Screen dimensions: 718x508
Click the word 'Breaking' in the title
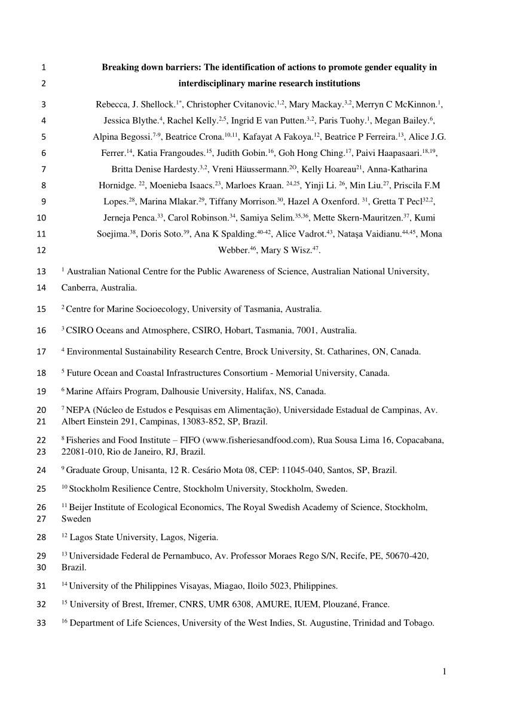pos(119,67)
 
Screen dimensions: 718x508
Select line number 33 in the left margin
pos(41,624)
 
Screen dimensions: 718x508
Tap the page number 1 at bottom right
pos(445,671)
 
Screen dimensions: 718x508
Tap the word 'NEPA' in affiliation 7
pos(78,410)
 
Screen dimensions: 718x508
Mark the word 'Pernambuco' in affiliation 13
pos(152,556)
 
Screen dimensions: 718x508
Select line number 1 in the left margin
pos(44,67)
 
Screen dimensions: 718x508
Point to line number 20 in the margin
pos(41,410)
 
